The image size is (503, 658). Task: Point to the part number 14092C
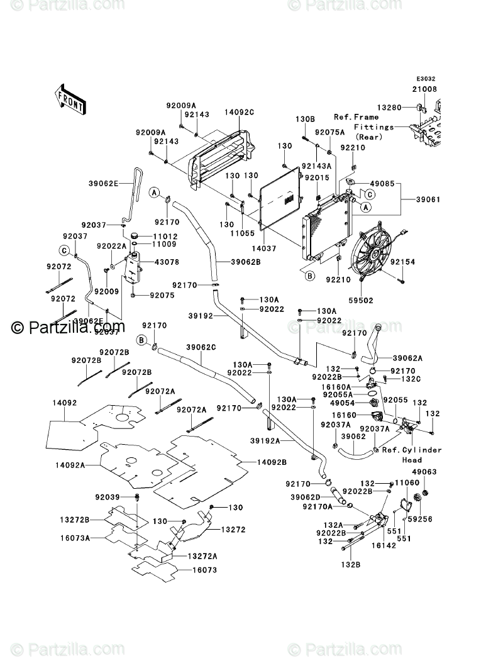click(222, 112)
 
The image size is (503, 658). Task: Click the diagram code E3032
click(426, 80)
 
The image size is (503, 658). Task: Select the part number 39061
click(428, 199)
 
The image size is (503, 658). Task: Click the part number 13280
click(389, 108)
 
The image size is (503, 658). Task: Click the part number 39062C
click(201, 347)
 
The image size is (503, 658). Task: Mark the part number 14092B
click(272, 462)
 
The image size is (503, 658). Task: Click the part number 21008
click(425, 90)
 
